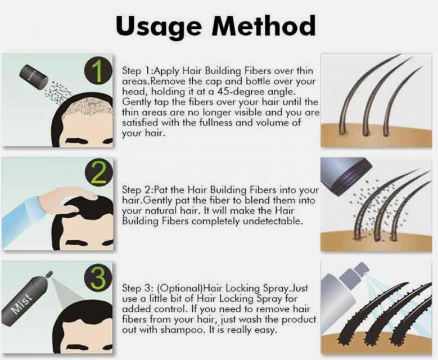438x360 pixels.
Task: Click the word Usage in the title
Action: pos(159,26)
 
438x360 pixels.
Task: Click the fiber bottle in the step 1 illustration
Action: pos(34,76)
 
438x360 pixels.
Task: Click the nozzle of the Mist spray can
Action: pos(49,274)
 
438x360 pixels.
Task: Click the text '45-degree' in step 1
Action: pos(232,91)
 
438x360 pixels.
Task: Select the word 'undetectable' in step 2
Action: pos(273,221)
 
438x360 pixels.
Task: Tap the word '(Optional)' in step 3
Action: pos(180,288)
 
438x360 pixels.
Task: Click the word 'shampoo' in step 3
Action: pos(183,330)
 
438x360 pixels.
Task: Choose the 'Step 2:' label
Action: pos(138,190)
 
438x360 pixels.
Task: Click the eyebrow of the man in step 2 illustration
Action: pos(78,242)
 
